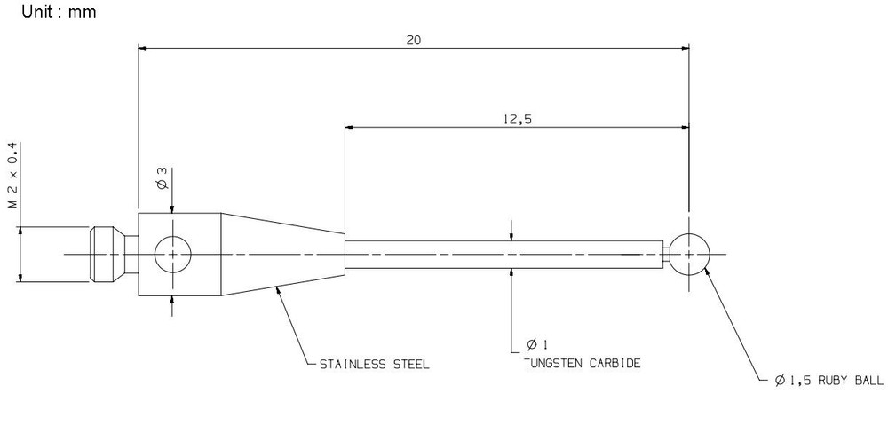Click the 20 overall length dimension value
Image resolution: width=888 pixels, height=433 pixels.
[414, 40]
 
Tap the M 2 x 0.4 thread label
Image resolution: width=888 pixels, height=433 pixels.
[13, 176]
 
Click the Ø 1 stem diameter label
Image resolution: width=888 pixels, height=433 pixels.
[537, 344]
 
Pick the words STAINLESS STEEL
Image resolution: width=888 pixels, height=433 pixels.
[375, 365]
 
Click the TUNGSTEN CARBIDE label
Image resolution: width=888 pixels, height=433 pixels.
[583, 364]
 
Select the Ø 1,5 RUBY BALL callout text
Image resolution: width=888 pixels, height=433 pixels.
[829, 381]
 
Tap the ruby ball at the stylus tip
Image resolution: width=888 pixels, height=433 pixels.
[689, 254]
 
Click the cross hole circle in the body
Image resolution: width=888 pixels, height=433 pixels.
[173, 254]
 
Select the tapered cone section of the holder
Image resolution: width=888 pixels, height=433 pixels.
[282, 254]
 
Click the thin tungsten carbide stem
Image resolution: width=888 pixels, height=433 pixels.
[504, 254]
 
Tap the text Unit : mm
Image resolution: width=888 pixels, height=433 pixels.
[59, 12]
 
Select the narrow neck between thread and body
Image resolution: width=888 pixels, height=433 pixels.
[131, 254]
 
